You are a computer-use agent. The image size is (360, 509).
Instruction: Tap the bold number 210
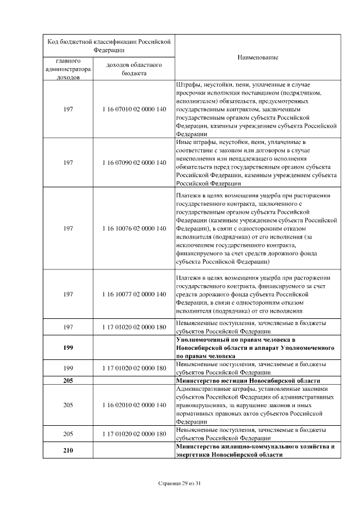(x=68, y=451)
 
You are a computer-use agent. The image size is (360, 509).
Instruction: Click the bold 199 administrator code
(x=68, y=348)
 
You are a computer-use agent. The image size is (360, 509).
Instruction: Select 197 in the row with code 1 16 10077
(x=68, y=294)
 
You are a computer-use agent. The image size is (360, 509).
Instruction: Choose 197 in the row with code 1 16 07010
(x=68, y=109)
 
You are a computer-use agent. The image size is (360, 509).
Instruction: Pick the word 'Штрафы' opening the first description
(x=187, y=84)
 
